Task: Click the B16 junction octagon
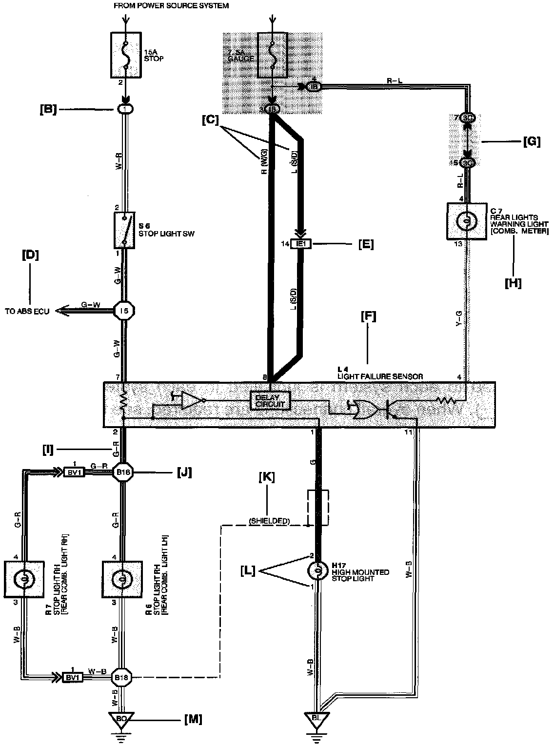[x=121, y=472]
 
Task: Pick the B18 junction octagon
[x=121, y=677]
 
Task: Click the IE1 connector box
[x=300, y=244]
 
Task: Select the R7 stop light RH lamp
[x=23, y=579]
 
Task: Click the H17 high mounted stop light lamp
[x=317, y=570]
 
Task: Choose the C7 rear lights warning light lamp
[x=466, y=221]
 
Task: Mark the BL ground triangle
[x=317, y=719]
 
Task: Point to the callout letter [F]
[x=368, y=317]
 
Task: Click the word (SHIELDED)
[x=270, y=521]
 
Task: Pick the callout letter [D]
[x=30, y=255]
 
